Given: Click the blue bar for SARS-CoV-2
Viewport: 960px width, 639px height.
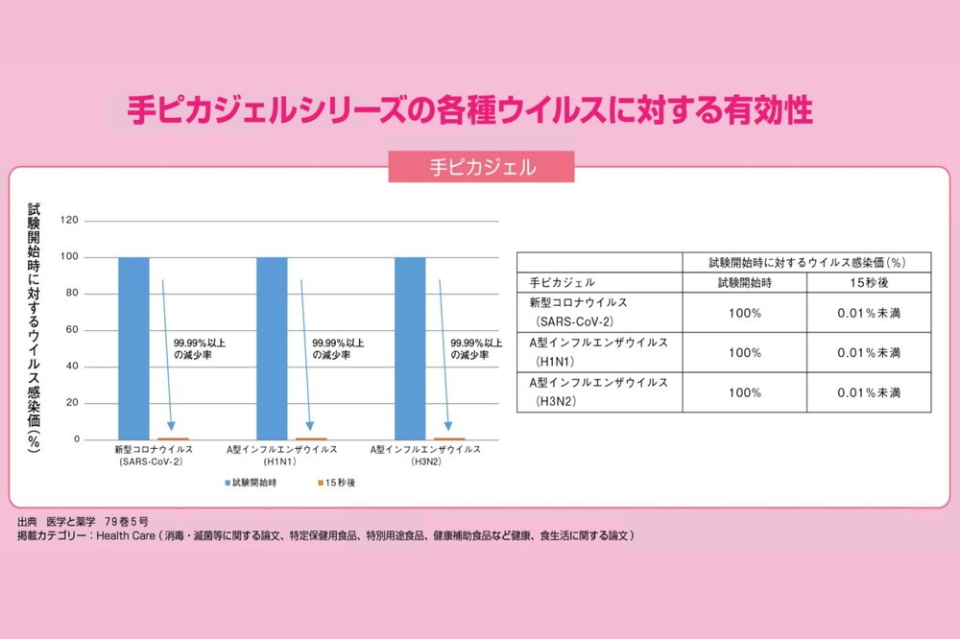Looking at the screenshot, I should point(133,347).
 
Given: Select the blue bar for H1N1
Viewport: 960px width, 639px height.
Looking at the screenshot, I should point(272,347).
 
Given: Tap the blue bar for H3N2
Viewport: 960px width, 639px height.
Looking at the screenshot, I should point(410,347).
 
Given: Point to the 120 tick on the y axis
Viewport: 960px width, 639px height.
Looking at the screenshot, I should point(68,221).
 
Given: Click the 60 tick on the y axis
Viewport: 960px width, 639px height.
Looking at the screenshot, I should point(71,331).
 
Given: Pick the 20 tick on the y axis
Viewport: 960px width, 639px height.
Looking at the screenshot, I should point(71,403).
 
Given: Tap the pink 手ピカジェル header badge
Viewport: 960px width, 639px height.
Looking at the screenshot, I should point(481,167).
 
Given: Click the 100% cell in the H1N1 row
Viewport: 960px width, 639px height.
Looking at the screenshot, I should point(745,353).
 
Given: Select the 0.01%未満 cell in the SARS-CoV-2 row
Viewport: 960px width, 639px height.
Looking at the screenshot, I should point(869,313).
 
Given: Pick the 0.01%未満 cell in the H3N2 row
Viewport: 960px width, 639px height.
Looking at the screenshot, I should point(869,392).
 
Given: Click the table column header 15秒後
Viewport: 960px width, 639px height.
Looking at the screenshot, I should point(869,283).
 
